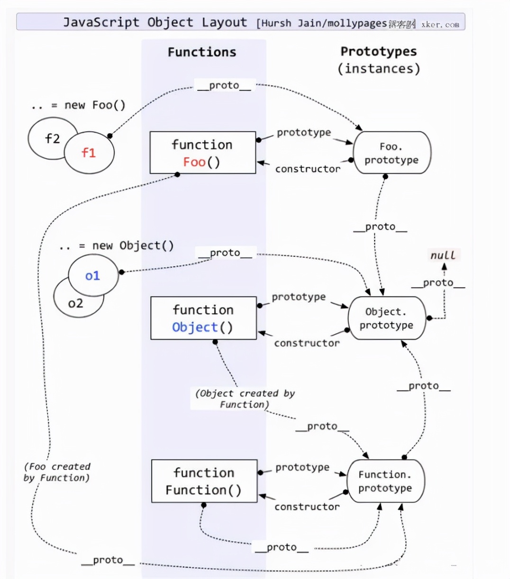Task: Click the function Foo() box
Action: (202, 153)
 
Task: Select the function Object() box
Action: (203, 318)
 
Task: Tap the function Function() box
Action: (204, 481)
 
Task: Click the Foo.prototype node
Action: (392, 153)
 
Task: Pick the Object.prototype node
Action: (386, 318)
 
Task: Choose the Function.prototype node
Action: (385, 481)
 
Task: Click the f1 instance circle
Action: (89, 153)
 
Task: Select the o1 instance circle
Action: (92, 275)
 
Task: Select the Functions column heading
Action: (202, 52)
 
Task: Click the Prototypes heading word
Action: (379, 51)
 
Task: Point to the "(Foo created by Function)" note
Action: (57, 472)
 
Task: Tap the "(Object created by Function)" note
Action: (245, 398)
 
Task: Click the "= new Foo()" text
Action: (88, 105)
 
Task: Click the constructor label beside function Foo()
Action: (308, 169)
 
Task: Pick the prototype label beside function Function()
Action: (302, 467)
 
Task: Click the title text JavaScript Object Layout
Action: (155, 22)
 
